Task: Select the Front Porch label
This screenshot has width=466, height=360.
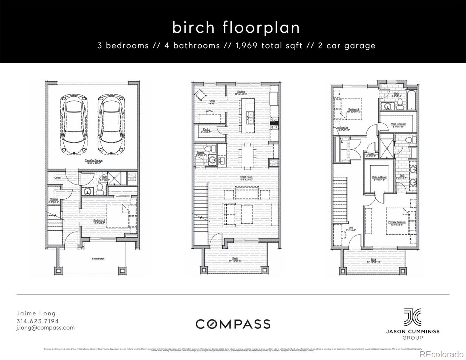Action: [98, 258]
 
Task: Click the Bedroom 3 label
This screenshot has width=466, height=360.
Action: [99, 221]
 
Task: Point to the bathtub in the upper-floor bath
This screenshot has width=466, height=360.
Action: [412, 100]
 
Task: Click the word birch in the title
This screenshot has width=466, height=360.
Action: [194, 28]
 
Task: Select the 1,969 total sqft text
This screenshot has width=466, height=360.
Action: [269, 46]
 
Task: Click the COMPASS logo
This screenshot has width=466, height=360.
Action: [233, 324]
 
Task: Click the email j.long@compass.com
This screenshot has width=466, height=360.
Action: [45, 328]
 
